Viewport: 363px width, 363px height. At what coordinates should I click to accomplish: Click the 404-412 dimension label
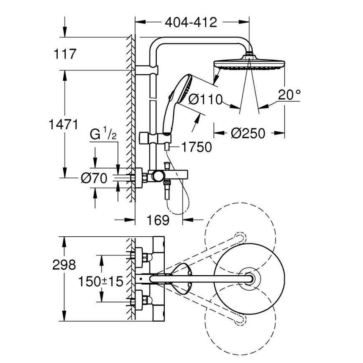pos(191,22)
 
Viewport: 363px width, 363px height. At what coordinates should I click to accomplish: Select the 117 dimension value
pos(65,54)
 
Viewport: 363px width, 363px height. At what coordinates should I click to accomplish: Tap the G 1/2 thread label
pos(102,135)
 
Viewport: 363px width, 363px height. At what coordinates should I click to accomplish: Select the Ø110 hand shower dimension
pos(205,99)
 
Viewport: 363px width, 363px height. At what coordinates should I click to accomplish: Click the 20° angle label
pos(289,95)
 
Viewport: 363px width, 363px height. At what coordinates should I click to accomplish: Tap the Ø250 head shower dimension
pos(248,133)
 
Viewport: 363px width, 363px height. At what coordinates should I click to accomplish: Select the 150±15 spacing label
pos(101,281)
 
